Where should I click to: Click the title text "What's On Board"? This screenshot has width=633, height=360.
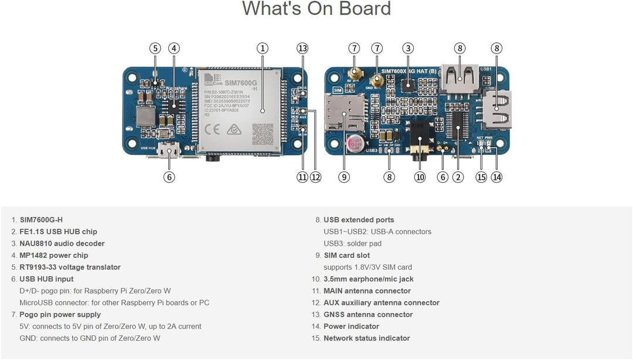[316, 9]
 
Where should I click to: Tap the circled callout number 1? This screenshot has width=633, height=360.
[263, 48]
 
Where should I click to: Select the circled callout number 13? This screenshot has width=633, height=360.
[302, 48]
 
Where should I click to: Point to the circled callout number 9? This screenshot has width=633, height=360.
[344, 176]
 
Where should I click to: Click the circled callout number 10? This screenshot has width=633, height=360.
[420, 176]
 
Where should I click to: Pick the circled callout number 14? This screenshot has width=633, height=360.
[496, 176]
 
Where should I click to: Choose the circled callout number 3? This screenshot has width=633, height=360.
[408, 48]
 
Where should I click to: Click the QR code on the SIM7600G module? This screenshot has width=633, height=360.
[263, 134]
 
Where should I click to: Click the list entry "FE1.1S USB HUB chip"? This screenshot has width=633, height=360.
[58, 232]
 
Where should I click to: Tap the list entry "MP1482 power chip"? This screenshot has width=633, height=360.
[53, 256]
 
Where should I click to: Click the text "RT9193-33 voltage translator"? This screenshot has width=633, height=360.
[70, 267]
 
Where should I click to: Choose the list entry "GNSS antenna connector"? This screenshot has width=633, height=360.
[368, 315]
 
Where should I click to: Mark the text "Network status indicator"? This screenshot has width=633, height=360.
[366, 338]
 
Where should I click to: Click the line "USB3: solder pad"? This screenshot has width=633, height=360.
[353, 243]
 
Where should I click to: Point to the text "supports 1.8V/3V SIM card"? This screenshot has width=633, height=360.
[367, 267]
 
